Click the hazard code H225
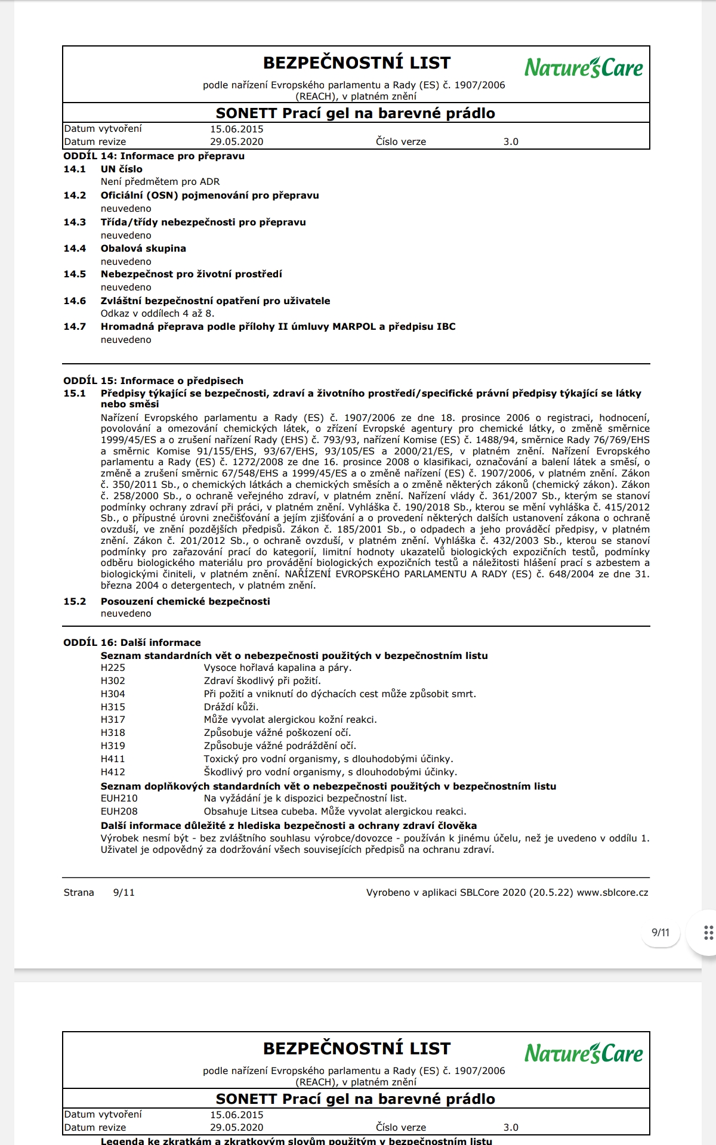pos(113,668)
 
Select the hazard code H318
pos(113,733)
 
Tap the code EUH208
pos(119,812)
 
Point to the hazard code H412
pos(113,772)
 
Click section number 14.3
pos(75,222)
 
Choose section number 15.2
pos(75,602)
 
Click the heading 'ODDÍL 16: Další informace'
pos(132,643)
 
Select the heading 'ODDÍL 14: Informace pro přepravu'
pos(154,156)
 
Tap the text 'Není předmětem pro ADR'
pos(160,182)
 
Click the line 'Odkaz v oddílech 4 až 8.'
pos(158,314)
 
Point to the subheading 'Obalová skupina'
pos(143,249)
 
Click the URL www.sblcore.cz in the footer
pos(612,893)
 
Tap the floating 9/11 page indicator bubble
pos(661,933)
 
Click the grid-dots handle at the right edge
pos(708,933)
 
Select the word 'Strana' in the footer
pos(79,893)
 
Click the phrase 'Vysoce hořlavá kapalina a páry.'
pos(277,668)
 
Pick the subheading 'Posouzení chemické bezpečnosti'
pos(185,602)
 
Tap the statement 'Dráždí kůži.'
pos(231,707)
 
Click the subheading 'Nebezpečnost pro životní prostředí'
pos(191,274)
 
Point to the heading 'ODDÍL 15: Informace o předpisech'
pos(153,381)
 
